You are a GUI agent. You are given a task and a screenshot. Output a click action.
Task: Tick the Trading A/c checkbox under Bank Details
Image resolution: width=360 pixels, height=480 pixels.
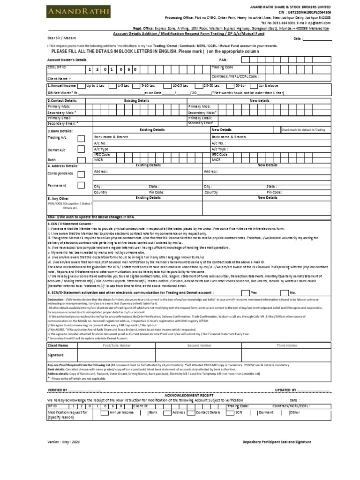81,138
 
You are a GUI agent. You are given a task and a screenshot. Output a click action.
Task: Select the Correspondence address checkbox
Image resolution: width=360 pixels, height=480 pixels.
81,174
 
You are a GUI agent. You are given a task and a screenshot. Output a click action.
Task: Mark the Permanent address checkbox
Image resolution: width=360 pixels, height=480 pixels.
81,186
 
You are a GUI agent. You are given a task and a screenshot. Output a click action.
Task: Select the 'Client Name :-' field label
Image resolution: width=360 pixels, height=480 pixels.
59,79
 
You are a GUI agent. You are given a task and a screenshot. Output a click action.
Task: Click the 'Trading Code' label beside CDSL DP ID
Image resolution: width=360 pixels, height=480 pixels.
223,67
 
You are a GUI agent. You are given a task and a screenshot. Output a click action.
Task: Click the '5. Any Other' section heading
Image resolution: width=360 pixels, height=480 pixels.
59,199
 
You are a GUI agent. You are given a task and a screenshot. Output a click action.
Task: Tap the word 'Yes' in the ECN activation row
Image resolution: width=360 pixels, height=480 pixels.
254,292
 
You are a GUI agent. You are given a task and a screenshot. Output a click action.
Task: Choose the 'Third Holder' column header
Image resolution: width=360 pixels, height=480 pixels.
286,345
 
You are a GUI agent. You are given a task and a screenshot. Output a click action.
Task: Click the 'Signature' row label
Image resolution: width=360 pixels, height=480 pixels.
56,355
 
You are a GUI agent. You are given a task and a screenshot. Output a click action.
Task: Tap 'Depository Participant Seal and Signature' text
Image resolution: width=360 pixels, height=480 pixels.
277,442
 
